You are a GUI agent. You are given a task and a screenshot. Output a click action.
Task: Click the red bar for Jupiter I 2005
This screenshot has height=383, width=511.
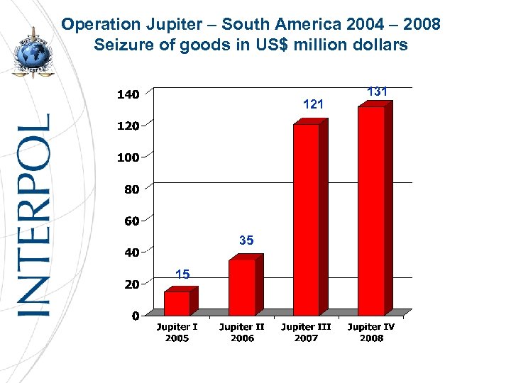click(x=177, y=303)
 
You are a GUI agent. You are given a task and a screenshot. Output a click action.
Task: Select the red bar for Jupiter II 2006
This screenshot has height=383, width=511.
click(x=242, y=287)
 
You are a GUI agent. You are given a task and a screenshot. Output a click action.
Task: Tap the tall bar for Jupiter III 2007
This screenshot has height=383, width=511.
click(x=307, y=220)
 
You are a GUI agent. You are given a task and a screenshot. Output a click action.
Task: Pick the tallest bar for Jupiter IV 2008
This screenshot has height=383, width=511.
click(x=371, y=211)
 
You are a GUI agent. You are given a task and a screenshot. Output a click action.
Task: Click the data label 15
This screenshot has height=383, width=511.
click(x=182, y=274)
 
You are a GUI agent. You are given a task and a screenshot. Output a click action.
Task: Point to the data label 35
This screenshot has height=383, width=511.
click(x=246, y=241)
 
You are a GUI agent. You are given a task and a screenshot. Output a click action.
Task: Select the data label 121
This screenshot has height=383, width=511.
click(x=313, y=104)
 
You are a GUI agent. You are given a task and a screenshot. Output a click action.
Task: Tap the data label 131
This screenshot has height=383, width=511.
click(x=377, y=91)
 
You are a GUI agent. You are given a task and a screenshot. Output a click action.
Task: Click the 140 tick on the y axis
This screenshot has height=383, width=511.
click(x=128, y=94)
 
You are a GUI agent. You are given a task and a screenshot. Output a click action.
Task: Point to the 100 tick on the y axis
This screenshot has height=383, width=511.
click(x=128, y=157)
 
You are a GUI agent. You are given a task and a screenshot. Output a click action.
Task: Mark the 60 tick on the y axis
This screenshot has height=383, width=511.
click(x=131, y=221)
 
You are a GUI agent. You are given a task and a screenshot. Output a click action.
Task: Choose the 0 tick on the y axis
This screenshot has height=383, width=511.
click(x=135, y=316)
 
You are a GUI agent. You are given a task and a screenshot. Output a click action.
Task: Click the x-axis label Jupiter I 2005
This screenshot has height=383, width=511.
click(x=177, y=333)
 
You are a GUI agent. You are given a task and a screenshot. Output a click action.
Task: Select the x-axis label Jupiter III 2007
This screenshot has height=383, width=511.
click(x=306, y=333)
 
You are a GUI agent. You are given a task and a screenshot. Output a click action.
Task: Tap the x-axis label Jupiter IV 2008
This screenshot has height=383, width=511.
click(x=371, y=333)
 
